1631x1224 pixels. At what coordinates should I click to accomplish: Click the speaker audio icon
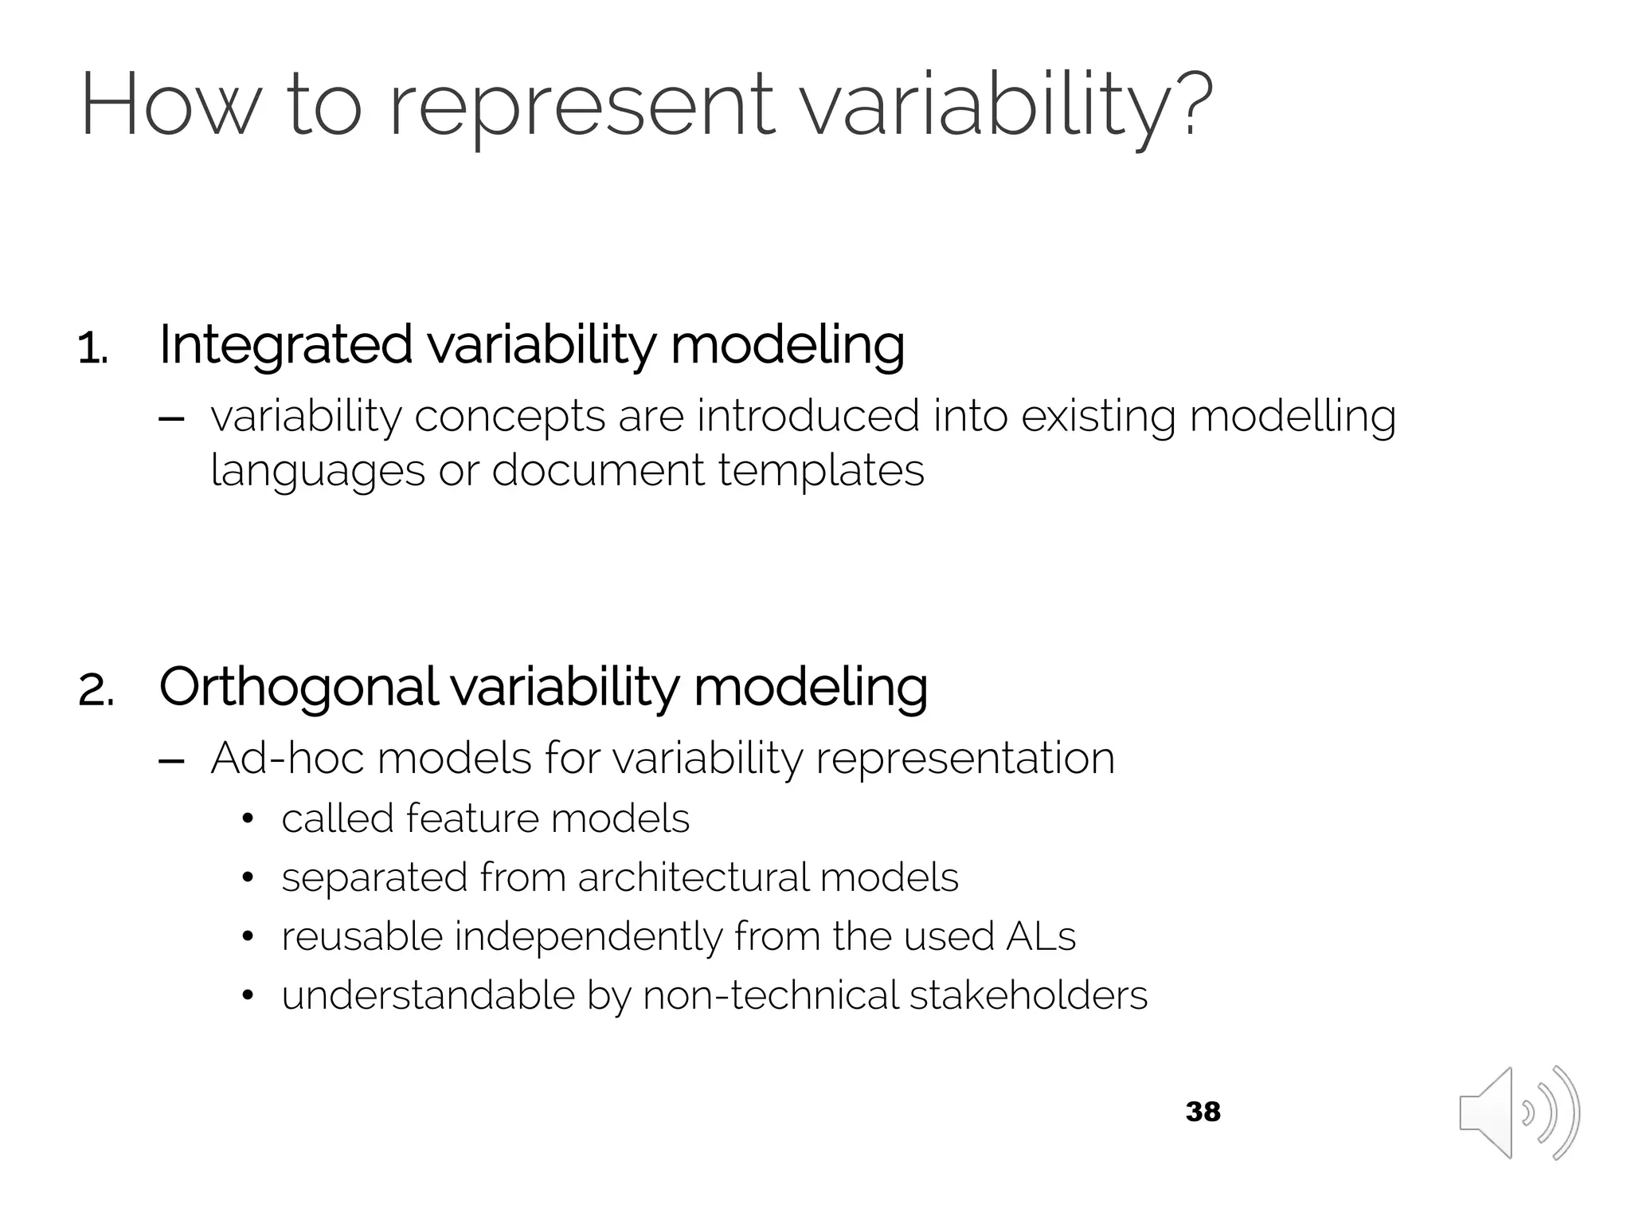pyautogui.click(x=1518, y=1112)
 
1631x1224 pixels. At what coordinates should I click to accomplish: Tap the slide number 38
pyautogui.click(x=1203, y=1112)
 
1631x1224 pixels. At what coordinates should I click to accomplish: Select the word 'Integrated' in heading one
pyautogui.click(x=285, y=345)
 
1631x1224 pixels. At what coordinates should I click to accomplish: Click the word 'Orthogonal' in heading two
pyautogui.click(x=298, y=687)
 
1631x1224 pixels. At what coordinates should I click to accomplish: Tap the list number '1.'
pyautogui.click(x=93, y=350)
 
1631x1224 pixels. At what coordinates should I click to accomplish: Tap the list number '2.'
pyautogui.click(x=96, y=690)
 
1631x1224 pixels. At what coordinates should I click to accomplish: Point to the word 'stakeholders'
pyautogui.click(x=1028, y=995)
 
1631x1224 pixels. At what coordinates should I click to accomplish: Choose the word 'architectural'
pyautogui.click(x=691, y=877)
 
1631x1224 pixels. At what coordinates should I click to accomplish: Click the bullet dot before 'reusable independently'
pyautogui.click(x=248, y=937)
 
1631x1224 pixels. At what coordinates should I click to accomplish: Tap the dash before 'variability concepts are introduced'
pyautogui.click(x=172, y=418)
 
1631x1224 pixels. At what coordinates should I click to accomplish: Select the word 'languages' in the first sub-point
pyautogui.click(x=317, y=471)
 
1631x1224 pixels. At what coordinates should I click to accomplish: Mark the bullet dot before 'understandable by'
pyautogui.click(x=248, y=996)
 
